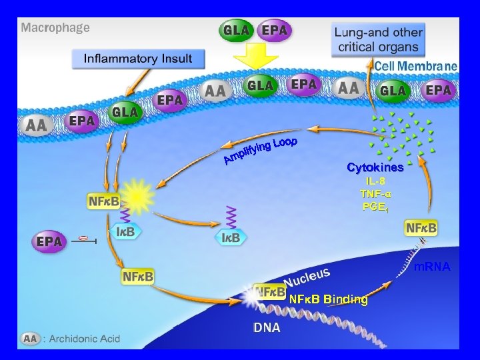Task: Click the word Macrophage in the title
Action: pyautogui.click(x=55, y=29)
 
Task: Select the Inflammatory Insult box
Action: pyautogui.click(x=137, y=59)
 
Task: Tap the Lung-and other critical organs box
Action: pyautogui.click(x=378, y=39)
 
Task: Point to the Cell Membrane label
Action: pyautogui.click(x=415, y=66)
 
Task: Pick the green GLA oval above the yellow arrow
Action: pyautogui.click(x=237, y=31)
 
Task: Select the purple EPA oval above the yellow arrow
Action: pyautogui.click(x=275, y=31)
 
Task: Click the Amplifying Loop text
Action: pyautogui.click(x=260, y=151)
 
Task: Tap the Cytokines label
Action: pyautogui.click(x=375, y=167)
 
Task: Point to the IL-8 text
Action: pyautogui.click(x=375, y=181)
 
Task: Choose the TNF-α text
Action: pyautogui.click(x=375, y=193)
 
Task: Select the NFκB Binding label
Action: pyautogui.click(x=328, y=300)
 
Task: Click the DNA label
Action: pyautogui.click(x=267, y=328)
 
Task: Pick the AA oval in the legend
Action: pyautogui.click(x=31, y=339)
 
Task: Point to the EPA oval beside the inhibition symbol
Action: pyautogui.click(x=49, y=241)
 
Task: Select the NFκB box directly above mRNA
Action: pyautogui.click(x=421, y=228)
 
